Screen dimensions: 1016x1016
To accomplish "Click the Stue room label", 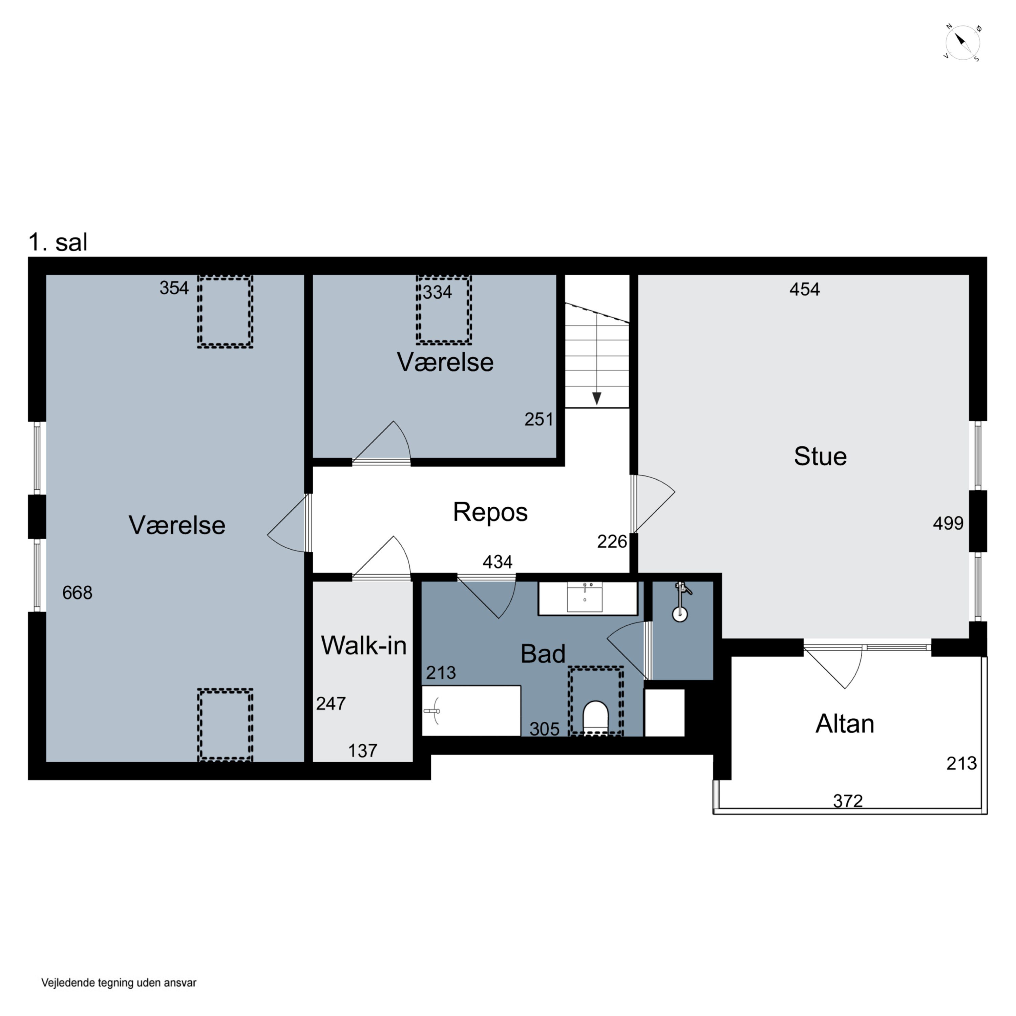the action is pyautogui.click(x=820, y=457).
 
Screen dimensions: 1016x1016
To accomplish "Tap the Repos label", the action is pyautogui.click(x=490, y=512).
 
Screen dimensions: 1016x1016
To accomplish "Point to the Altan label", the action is pyautogui.click(x=845, y=724).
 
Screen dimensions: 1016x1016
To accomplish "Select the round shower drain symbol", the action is pyautogui.click(x=680, y=614).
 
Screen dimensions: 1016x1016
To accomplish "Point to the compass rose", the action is pyautogui.click(x=962, y=43).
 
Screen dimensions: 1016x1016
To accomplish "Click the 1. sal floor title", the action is pyautogui.click(x=58, y=242).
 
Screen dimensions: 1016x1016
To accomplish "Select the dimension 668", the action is pyautogui.click(x=77, y=593).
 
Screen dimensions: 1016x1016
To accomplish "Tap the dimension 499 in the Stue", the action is pyautogui.click(x=948, y=523).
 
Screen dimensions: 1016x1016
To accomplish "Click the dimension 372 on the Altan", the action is pyautogui.click(x=848, y=801).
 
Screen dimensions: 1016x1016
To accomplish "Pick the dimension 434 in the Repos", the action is pyautogui.click(x=498, y=562).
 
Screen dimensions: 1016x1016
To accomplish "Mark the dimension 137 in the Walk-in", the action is pyautogui.click(x=363, y=750).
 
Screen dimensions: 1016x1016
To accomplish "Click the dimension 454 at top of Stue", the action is pyautogui.click(x=805, y=289).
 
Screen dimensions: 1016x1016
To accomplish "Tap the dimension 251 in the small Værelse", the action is pyautogui.click(x=539, y=419).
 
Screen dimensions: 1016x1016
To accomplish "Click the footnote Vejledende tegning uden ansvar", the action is pyautogui.click(x=119, y=982).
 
